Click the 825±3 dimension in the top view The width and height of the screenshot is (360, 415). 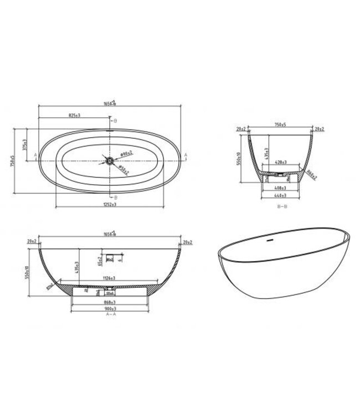pyautogui.click(x=74, y=116)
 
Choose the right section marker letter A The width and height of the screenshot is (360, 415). pyautogui.click(x=186, y=154)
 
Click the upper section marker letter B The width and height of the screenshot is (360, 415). pyautogui.click(x=115, y=120)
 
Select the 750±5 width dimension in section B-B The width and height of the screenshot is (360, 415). pyautogui.click(x=280, y=125)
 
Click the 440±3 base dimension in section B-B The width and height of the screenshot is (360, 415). pyautogui.click(x=280, y=195)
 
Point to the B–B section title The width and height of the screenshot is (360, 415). pyautogui.click(x=281, y=206)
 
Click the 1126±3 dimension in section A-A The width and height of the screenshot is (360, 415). pyautogui.click(x=109, y=278)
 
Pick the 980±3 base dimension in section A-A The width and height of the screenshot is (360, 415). pyautogui.click(x=109, y=309)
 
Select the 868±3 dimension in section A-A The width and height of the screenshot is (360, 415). pyautogui.click(x=109, y=302)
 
